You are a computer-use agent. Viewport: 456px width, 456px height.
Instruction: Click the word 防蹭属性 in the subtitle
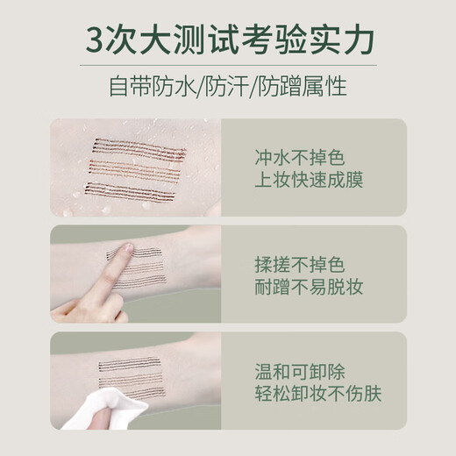point(314,87)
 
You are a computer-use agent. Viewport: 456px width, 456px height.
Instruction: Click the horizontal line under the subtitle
point(228,108)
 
